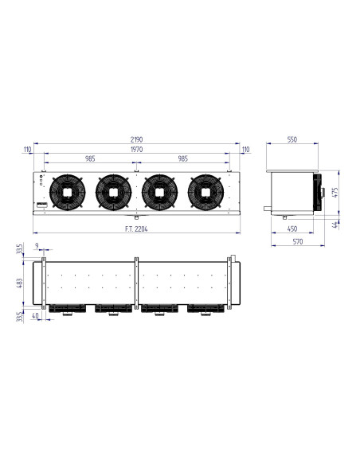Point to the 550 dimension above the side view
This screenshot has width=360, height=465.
click(292, 140)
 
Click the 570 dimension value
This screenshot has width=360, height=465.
click(295, 241)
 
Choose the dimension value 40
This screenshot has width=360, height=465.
click(36, 315)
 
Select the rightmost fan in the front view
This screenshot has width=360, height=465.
click(205, 191)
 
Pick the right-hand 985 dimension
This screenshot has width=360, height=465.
click(184, 158)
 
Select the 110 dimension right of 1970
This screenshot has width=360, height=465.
click(245, 149)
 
